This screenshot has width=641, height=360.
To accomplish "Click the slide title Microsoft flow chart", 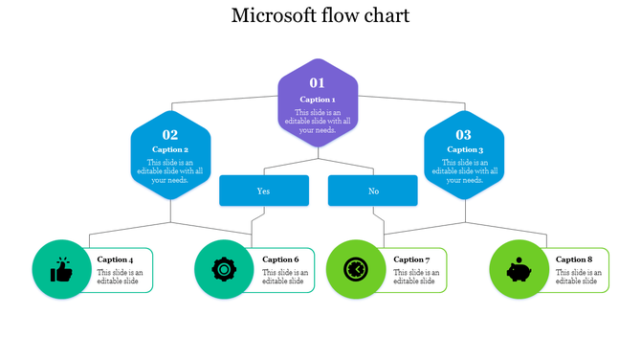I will point(320,16).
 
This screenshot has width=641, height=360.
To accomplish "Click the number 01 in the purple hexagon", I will point(318,82).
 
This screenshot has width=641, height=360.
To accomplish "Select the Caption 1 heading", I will point(318,100).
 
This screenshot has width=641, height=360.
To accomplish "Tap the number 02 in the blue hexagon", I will point(170,135).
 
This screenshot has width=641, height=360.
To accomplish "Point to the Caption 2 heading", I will point(170,149).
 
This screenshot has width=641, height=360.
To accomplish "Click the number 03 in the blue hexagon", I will point(464,135).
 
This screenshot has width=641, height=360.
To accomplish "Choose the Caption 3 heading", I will point(464,149).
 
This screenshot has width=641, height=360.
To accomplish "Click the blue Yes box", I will point(264,191).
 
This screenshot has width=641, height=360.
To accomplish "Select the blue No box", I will point(373,191).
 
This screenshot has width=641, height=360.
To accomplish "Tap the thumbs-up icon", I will point(62,270).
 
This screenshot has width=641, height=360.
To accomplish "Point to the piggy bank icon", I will point(519,270).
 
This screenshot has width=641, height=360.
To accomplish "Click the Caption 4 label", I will point(116,259).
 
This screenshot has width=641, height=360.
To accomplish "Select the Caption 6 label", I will point(280,259).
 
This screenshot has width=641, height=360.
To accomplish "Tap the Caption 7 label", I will point(412,259).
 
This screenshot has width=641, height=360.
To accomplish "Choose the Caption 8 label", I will point(574,259).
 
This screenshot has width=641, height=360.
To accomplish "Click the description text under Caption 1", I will point(318,121).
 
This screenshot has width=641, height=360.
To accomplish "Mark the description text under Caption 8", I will point(577,277).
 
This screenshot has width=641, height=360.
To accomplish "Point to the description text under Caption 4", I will point(120,277).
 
